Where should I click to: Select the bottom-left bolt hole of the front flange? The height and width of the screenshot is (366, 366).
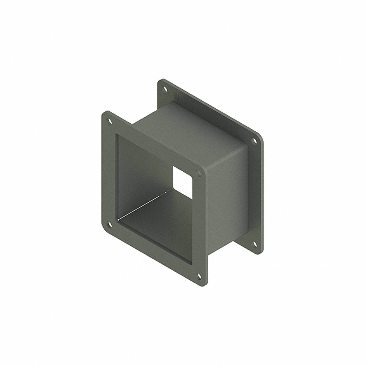[x=109, y=223]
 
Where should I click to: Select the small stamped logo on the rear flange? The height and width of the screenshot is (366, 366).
[x=175, y=97]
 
